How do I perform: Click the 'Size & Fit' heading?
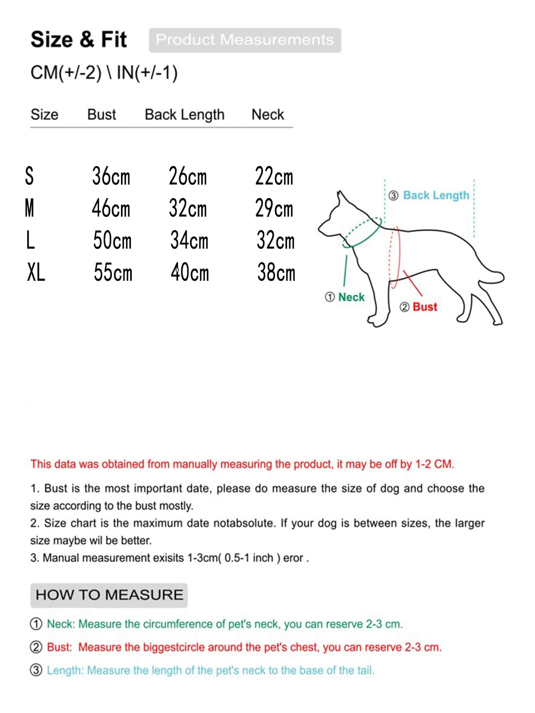pyautogui.click(x=79, y=40)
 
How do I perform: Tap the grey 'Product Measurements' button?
pyautogui.click(x=245, y=40)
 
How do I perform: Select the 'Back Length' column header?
pyautogui.click(x=184, y=115)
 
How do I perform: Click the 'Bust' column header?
pyautogui.click(x=101, y=115)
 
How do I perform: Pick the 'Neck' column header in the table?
pyautogui.click(x=267, y=115)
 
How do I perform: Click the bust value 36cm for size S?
pyautogui.click(x=111, y=176)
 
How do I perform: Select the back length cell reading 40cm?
pyautogui.click(x=190, y=273)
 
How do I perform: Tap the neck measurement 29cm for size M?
pyautogui.click(x=274, y=209)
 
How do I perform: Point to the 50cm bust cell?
pyautogui.click(x=112, y=240)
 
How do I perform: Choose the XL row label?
pyautogui.click(x=36, y=273)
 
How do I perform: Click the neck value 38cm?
pyautogui.click(x=276, y=273)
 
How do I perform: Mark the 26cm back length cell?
pyautogui.click(x=188, y=176)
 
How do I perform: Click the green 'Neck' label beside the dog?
pyautogui.click(x=351, y=297)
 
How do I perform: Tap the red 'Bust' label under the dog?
pyautogui.click(x=425, y=307)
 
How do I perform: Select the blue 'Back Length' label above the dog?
pyautogui.click(x=436, y=195)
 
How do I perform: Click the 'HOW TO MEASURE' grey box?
pyautogui.click(x=109, y=595)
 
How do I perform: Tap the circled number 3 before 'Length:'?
pyautogui.click(x=36, y=670)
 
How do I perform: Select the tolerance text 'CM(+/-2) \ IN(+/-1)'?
pyautogui.click(x=104, y=73)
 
